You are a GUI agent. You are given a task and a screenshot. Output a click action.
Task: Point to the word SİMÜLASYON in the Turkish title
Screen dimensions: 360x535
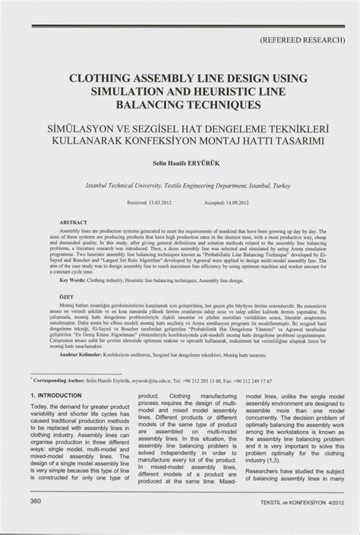click(x=93, y=128)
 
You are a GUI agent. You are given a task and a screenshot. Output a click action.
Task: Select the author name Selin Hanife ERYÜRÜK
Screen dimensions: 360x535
click(x=180, y=162)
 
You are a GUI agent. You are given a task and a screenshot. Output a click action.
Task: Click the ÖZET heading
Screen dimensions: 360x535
click(x=67, y=296)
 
